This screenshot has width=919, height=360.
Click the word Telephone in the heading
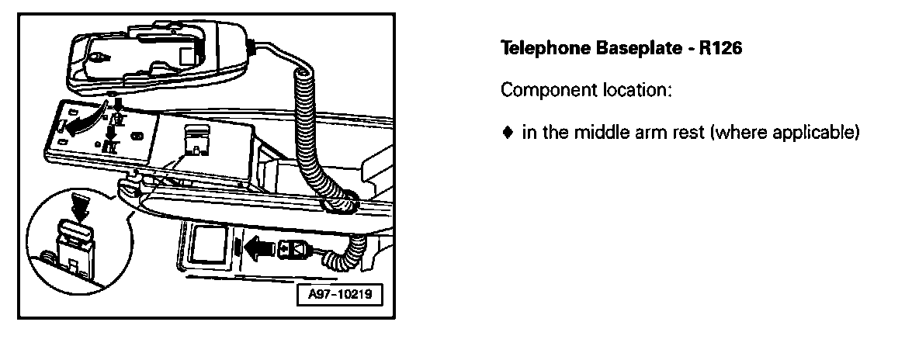coord(536,48)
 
